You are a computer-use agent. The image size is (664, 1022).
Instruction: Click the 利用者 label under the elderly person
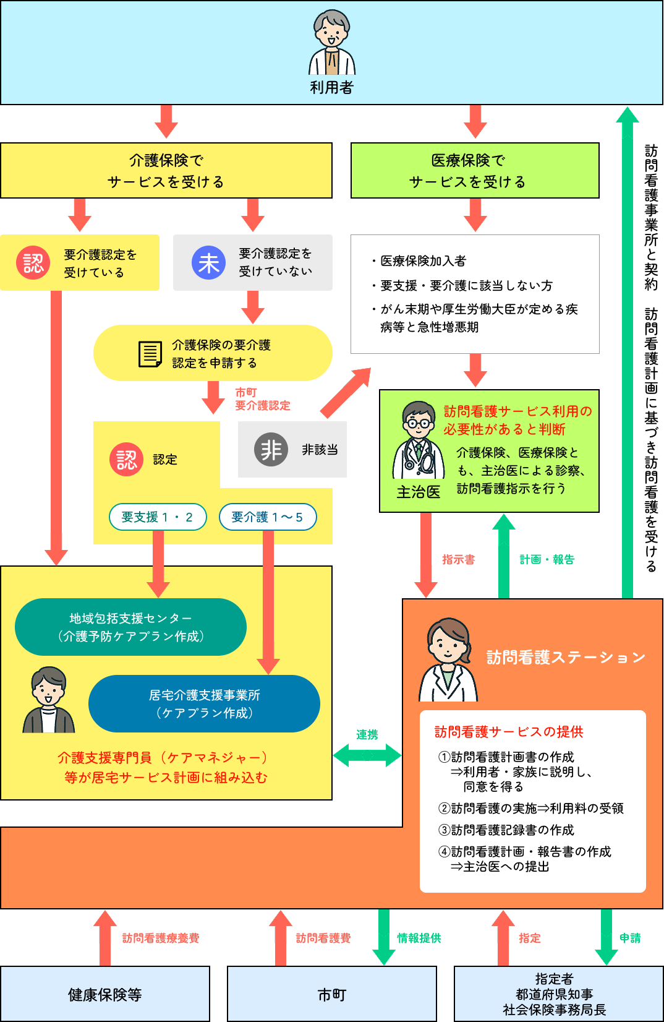[331, 88]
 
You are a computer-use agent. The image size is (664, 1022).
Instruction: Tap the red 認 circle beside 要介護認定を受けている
[33, 263]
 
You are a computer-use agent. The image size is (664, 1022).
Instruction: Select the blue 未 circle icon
[209, 263]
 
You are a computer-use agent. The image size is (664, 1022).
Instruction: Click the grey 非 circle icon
[271, 450]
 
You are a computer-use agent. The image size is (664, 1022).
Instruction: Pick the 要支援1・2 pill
[158, 517]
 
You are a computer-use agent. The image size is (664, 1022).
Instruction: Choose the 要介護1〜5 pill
[268, 517]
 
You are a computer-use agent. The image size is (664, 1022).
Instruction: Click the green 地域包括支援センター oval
[130, 627]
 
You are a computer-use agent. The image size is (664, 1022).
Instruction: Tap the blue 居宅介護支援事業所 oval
[204, 704]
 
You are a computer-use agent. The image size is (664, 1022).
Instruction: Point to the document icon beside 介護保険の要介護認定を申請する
[150, 354]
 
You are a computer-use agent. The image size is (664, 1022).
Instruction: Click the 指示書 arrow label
[458, 560]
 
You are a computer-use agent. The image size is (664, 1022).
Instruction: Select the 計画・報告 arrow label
[547, 560]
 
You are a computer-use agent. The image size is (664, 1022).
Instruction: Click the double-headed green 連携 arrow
[367, 755]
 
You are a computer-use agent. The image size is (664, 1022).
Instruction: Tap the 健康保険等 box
[105, 994]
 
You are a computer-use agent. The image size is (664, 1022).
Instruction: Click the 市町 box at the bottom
[332, 994]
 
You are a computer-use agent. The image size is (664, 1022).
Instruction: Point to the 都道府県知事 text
[555, 994]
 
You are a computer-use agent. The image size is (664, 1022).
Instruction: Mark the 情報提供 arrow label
[419, 938]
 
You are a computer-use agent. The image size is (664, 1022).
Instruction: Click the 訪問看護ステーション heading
[566, 658]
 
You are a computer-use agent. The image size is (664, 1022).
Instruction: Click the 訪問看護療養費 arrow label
[160, 938]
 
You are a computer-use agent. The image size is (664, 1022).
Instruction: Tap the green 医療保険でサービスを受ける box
[475, 171]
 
